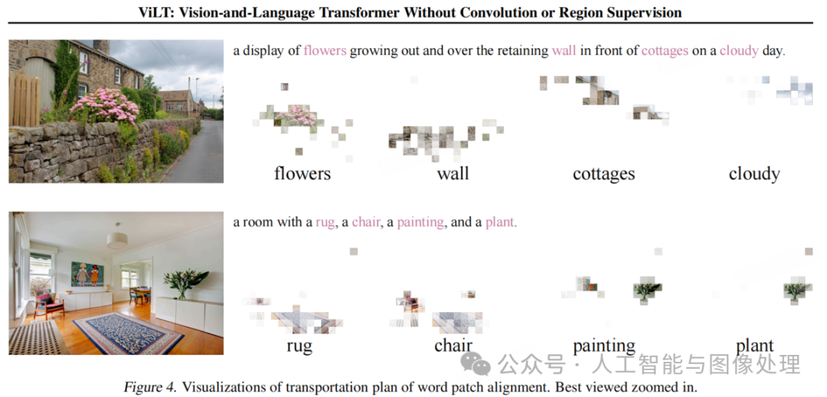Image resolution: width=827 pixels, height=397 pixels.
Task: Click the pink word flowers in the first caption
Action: [x=325, y=51]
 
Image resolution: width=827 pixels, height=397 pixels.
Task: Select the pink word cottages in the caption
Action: [x=665, y=51]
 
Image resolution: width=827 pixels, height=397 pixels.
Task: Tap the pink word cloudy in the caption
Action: [x=738, y=51]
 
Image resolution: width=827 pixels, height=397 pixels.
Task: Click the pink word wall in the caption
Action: [x=564, y=51]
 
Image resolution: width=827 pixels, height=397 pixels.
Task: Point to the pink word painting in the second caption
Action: [x=420, y=223]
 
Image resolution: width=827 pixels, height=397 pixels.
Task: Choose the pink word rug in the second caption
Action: [x=325, y=223]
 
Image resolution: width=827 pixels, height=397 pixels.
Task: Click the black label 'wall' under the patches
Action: [x=453, y=174]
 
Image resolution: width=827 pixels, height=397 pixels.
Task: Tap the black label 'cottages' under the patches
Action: [x=603, y=174]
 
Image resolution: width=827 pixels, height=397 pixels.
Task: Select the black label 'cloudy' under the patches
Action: [x=754, y=174]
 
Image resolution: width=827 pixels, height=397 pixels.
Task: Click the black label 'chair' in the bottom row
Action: [x=453, y=346]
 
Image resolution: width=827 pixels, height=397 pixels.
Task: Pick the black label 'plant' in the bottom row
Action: [x=754, y=347]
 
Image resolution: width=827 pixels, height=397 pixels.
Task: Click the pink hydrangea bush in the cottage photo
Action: [x=105, y=106]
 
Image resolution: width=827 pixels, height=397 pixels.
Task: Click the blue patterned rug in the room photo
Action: [x=128, y=332]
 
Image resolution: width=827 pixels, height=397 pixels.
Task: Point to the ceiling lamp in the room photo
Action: [x=118, y=240]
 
